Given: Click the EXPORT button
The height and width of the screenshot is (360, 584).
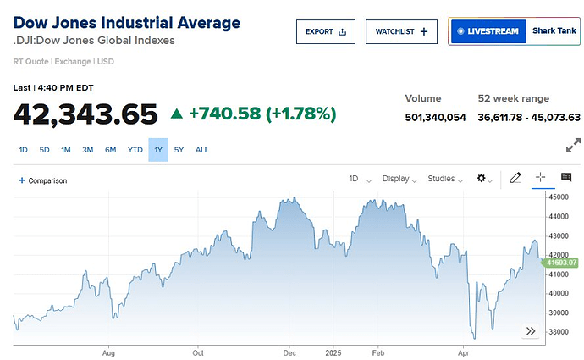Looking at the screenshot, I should tap(325, 31).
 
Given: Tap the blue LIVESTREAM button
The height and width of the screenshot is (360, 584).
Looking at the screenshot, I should tap(487, 31).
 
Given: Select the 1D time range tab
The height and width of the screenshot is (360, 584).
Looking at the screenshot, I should tap(24, 150).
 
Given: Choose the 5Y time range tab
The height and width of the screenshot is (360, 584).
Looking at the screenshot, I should tap(179, 150).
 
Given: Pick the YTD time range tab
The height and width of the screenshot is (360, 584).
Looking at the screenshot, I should tap(135, 150).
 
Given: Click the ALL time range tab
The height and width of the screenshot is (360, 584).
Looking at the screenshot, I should tap(201, 150).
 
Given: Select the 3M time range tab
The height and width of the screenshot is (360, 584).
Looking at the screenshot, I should tap(88, 150).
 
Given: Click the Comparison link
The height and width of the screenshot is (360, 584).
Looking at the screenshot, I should tap(43, 180).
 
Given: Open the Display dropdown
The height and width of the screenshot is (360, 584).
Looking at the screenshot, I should tap(399, 179).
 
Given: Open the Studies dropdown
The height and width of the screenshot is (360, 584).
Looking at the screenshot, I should tap(445, 179).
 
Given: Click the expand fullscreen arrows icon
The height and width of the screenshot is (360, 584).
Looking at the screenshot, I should tap(573, 146).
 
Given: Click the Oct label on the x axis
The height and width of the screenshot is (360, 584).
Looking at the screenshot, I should tap(198, 349).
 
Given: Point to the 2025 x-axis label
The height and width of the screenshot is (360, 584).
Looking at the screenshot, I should tap(333, 349).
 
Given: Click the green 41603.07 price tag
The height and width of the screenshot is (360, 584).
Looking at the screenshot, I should tap(561, 263).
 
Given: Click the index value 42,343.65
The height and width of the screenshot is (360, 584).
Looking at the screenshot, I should tap(85, 114).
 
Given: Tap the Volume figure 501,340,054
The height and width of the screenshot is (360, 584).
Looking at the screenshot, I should tap(435, 117).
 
